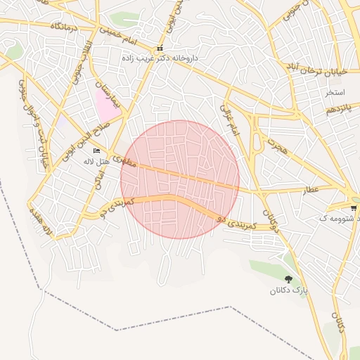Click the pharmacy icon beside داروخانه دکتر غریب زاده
(x=160, y=49)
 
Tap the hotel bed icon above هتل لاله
(x=97, y=151)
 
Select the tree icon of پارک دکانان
(x=288, y=279)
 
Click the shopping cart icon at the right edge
(x=353, y=208)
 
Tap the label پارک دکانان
(x=290, y=290)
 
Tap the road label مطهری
(x=122, y=160)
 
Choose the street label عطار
(x=311, y=190)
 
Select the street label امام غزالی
(x=230, y=120)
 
